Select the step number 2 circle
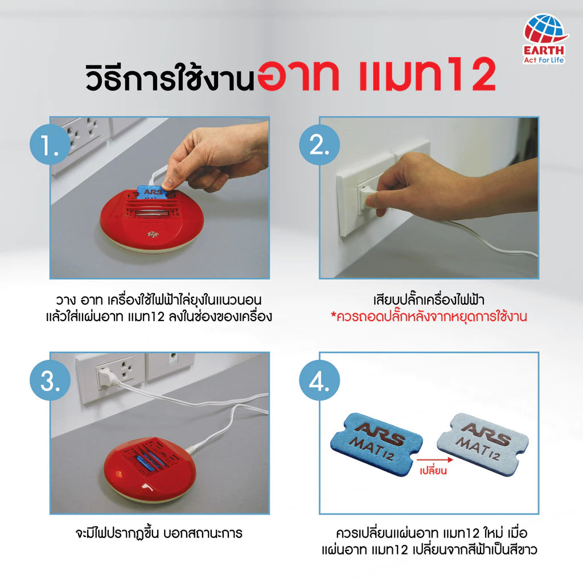[x=319, y=146]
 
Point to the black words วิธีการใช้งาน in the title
[x=169, y=78]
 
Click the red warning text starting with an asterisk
[x=429, y=317]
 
